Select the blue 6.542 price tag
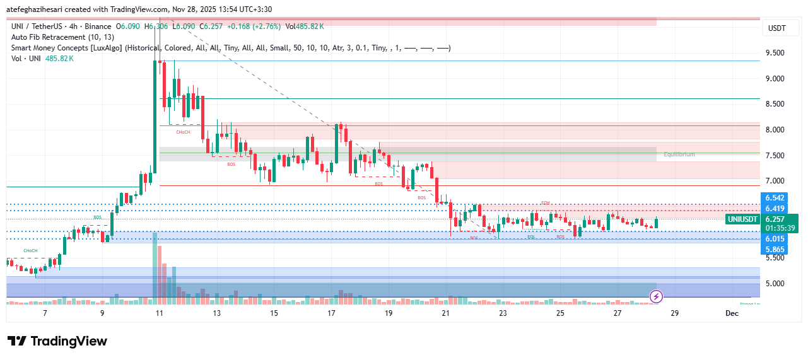click(x=775, y=199)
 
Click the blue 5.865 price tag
click(x=775, y=250)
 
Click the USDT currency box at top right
click(x=777, y=28)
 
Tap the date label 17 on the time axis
click(x=331, y=313)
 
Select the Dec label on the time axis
click(x=732, y=313)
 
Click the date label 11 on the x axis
click(x=159, y=313)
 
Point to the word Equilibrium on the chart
click(x=679, y=154)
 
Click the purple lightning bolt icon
click(x=656, y=296)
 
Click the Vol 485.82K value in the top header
click(x=305, y=26)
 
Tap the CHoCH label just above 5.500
click(x=30, y=251)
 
